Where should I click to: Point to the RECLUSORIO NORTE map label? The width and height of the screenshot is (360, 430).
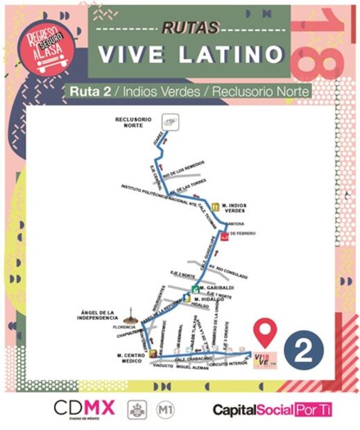click(x=132, y=123)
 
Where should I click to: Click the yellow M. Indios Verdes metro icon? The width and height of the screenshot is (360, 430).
click(x=216, y=207)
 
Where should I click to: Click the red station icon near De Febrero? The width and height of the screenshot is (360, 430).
click(x=225, y=236)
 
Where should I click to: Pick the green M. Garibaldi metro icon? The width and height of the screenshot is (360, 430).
click(x=196, y=289)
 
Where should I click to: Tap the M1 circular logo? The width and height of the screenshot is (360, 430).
click(x=165, y=410)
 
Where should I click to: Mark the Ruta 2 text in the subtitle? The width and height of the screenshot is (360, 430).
click(x=85, y=92)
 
